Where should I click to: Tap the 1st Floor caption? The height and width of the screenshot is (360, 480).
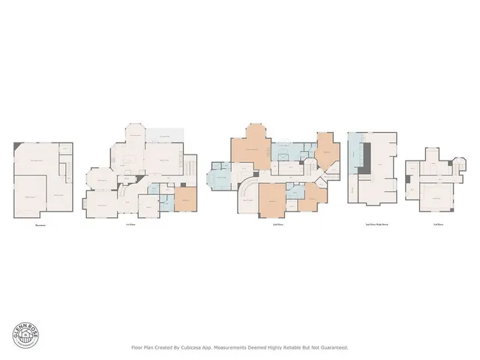coord(130,225)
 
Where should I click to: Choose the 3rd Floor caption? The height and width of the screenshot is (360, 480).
coord(437,225)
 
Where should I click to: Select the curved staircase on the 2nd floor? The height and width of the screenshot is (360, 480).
coord(247,190)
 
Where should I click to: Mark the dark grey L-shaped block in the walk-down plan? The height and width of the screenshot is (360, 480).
coord(364,159)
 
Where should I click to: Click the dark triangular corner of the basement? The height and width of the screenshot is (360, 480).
coord(18,150)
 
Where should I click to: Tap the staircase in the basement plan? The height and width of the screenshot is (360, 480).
coord(66,175)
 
